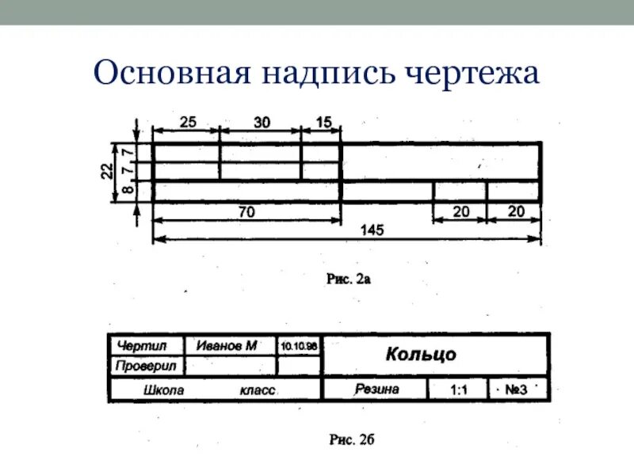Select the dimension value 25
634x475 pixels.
[188, 122]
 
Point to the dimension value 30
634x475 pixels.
[262, 122]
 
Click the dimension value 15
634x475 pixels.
[323, 122]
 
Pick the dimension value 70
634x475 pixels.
[247, 212]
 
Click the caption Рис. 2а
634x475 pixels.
[349, 279]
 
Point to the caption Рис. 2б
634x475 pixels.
[350, 440]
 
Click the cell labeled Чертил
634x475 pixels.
[142, 345]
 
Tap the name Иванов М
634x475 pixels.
[228, 345]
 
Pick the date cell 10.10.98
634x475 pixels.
[299, 346]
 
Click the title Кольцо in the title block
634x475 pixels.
[421, 353]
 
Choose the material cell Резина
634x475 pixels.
[377, 389]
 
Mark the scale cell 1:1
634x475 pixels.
[459, 389]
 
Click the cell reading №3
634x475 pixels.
[516, 389]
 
